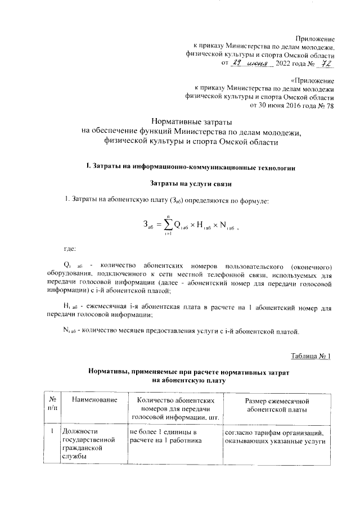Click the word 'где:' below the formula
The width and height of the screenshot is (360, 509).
[69, 248]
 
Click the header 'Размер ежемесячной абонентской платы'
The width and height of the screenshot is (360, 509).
[276, 404]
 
